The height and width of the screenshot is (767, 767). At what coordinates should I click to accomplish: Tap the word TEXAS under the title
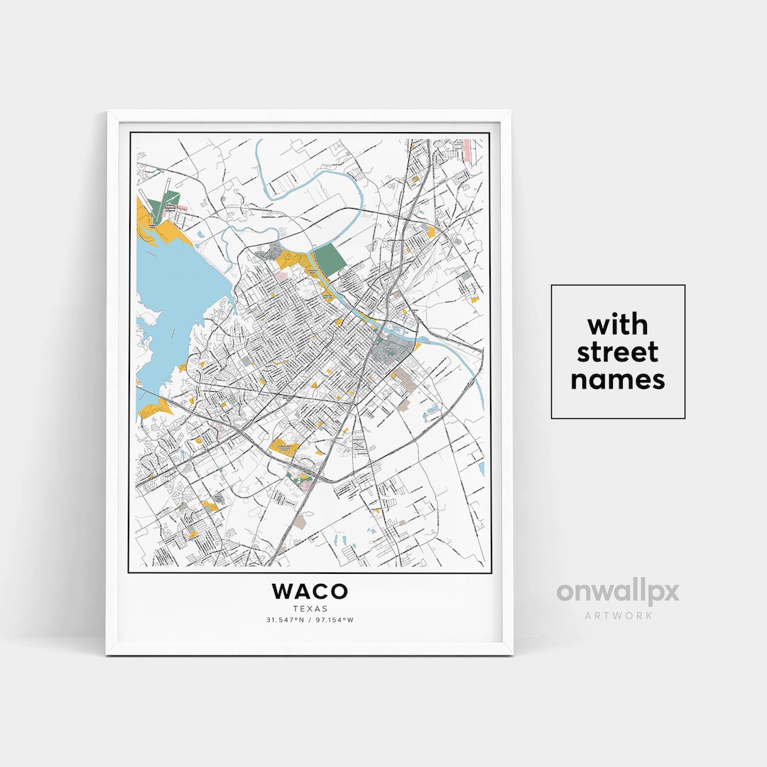click(x=310, y=608)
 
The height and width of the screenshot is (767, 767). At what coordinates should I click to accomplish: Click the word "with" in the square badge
click(x=617, y=325)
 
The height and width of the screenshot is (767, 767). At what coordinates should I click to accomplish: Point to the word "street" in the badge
click(x=617, y=352)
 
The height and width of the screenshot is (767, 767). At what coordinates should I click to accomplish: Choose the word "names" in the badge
click(x=617, y=379)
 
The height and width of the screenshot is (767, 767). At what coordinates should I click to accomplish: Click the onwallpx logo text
click(x=617, y=592)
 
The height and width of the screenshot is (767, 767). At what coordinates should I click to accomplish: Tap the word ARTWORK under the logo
click(x=617, y=615)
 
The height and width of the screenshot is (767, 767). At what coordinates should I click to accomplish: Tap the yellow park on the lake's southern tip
click(x=155, y=408)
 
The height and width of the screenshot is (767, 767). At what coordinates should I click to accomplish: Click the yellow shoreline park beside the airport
click(x=172, y=230)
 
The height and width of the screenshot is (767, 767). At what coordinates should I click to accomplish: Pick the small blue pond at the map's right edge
click(x=482, y=469)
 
